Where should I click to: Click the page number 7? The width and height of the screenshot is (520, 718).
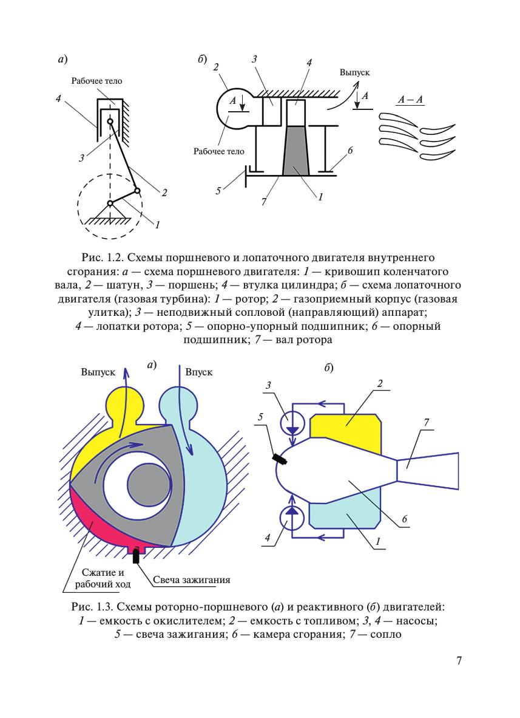point(460,660)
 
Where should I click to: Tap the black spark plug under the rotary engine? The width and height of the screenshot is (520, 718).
point(137,554)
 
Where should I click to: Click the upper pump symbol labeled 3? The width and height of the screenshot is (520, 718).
point(292,422)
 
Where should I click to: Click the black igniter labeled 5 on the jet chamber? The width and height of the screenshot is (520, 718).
point(280,459)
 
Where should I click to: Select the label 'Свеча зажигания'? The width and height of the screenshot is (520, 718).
point(191,580)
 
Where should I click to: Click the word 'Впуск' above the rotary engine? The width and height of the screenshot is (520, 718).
point(198,372)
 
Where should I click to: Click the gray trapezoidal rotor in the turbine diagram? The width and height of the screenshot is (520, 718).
point(295,151)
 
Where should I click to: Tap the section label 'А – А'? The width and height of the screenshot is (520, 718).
point(410,97)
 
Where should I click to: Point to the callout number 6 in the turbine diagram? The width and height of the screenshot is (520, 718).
point(350,149)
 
